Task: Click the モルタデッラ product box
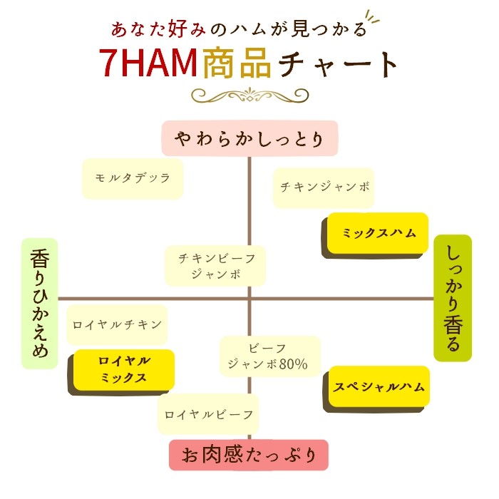(x=133, y=178)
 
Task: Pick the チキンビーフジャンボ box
(x=216, y=265)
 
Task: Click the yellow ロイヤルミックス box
(x=123, y=369)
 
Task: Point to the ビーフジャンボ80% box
(x=269, y=356)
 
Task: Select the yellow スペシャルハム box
(x=379, y=387)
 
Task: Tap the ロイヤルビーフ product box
(x=208, y=414)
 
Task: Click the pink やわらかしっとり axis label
(x=249, y=138)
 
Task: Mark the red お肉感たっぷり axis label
(x=249, y=455)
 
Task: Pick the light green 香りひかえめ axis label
(x=39, y=303)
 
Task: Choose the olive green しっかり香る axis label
(x=453, y=298)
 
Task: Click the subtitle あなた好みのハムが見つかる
(x=240, y=29)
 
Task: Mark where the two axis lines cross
(x=249, y=299)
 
